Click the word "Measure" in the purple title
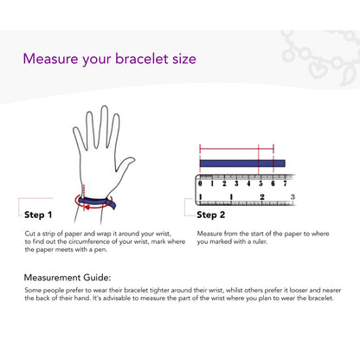(x=50, y=59)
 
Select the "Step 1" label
(x=38, y=215)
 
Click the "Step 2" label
(x=210, y=215)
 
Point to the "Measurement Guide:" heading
(x=67, y=278)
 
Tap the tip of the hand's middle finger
(x=104, y=107)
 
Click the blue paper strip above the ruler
(x=242, y=164)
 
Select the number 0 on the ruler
(x=200, y=183)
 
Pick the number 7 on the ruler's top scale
(x=285, y=183)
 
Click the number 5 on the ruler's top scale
(x=260, y=183)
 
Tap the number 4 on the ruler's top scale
(x=248, y=183)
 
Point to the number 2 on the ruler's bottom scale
(x=262, y=197)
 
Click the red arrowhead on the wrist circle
(x=87, y=207)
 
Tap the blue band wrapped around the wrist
(x=97, y=202)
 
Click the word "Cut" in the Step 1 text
(x=29, y=234)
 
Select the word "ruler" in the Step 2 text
(x=260, y=241)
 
